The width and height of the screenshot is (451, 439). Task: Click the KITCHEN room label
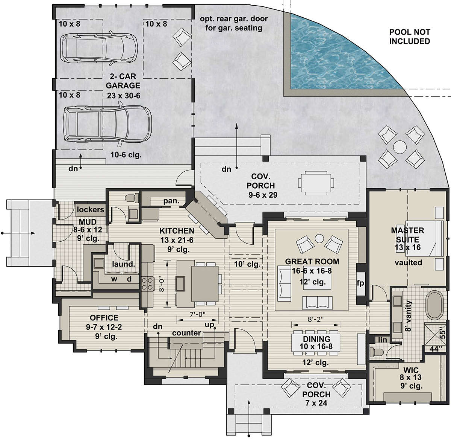pyautogui.click(x=177, y=230)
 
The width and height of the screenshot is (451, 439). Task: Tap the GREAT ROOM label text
pyautogui.click(x=312, y=261)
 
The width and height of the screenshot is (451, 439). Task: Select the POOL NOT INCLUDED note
pyautogui.click(x=410, y=37)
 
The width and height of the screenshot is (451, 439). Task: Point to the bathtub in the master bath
pyautogui.click(x=434, y=305)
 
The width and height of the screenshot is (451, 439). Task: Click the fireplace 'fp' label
pyautogui.click(x=360, y=283)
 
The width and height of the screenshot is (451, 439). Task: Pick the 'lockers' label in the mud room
pyautogui.click(x=90, y=209)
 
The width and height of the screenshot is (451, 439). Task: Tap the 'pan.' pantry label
pyautogui.click(x=171, y=201)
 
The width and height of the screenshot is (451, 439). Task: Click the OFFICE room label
pyautogui.click(x=104, y=317)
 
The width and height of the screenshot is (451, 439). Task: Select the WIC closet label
pyautogui.click(x=411, y=370)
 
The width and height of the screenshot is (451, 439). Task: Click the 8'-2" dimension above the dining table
pyautogui.click(x=316, y=319)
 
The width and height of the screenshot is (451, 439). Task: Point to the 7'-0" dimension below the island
pyautogui.click(x=197, y=314)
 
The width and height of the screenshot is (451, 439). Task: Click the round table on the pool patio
pyautogui.click(x=400, y=147)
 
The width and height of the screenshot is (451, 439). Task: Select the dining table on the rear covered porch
pyautogui.click(x=316, y=181)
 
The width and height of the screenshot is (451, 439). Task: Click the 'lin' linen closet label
pyautogui.click(x=382, y=340)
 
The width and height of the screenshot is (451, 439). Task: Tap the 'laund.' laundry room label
pyautogui.click(x=123, y=264)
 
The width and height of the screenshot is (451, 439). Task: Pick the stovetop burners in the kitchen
pyautogui.click(x=148, y=284)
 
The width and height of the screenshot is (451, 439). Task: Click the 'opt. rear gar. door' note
pyautogui.click(x=234, y=18)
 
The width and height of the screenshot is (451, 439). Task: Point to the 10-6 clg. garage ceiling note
pyautogui.click(x=126, y=155)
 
